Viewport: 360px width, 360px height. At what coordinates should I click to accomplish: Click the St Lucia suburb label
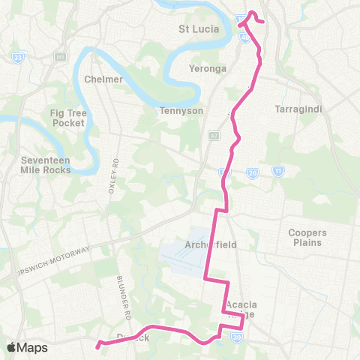(199, 29)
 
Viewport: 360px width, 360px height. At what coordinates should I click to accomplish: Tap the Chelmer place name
(98, 79)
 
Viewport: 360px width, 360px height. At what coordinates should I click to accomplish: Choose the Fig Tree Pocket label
(68, 117)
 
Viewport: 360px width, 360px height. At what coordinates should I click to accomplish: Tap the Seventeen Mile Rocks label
(46, 164)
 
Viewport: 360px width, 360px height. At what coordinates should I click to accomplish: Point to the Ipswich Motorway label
(56, 259)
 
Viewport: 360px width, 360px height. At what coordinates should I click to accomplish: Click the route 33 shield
(18, 57)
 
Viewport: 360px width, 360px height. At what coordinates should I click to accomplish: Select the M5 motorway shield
(59, 57)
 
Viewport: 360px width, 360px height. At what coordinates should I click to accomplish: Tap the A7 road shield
(214, 136)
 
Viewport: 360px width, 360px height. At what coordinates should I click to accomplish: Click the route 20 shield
(253, 172)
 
